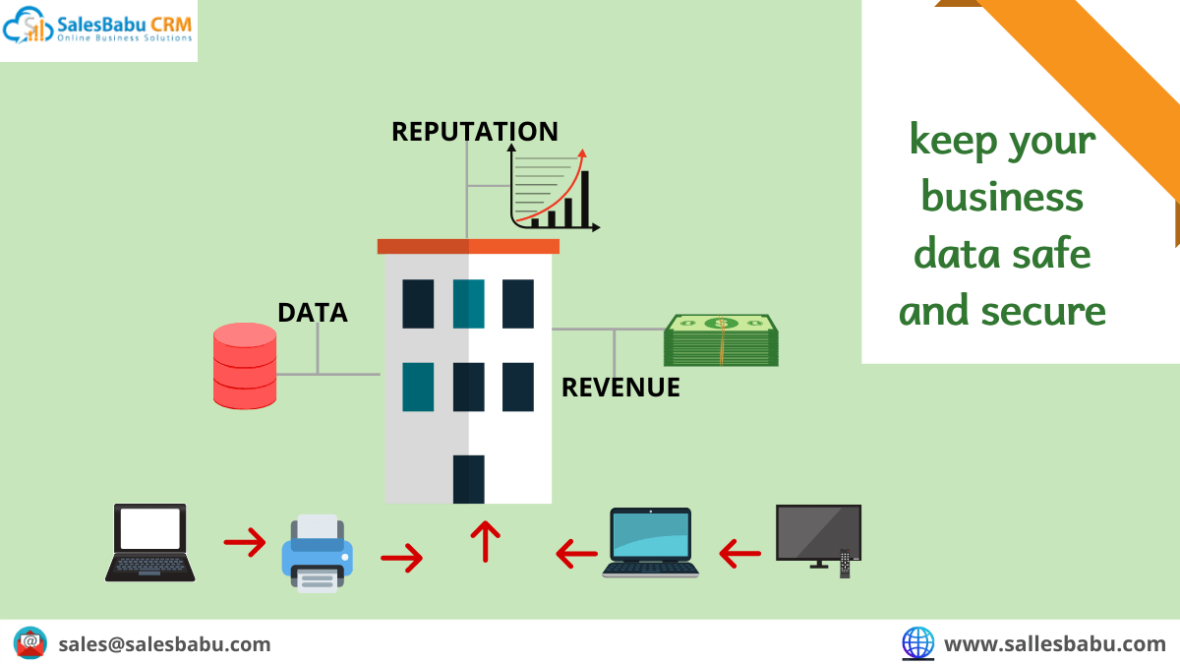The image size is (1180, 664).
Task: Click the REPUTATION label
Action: [475, 132]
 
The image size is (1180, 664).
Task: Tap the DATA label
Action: [313, 313]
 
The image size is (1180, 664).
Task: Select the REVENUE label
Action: [620, 388]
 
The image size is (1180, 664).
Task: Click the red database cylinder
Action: [245, 366]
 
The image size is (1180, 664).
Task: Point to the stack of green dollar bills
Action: [721, 340]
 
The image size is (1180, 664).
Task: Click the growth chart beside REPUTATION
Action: [554, 188]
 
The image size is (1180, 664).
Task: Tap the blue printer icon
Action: [317, 553]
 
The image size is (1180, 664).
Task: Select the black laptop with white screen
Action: [150, 543]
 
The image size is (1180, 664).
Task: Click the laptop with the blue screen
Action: [651, 543]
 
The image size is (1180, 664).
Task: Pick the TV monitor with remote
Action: [818, 540]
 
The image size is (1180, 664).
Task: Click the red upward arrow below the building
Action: [485, 542]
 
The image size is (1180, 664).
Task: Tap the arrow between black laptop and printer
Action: [245, 542]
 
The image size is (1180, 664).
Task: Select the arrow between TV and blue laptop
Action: [739, 553]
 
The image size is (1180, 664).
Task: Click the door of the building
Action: [468, 479]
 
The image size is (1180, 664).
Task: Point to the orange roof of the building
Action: [468, 246]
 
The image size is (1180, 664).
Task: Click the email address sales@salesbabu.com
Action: [164, 644]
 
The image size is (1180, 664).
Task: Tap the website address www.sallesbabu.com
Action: [1054, 644]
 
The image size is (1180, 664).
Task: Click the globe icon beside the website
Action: [918, 643]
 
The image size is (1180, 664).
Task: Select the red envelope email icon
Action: [30, 643]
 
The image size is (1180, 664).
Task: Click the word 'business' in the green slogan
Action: [1002, 197]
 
